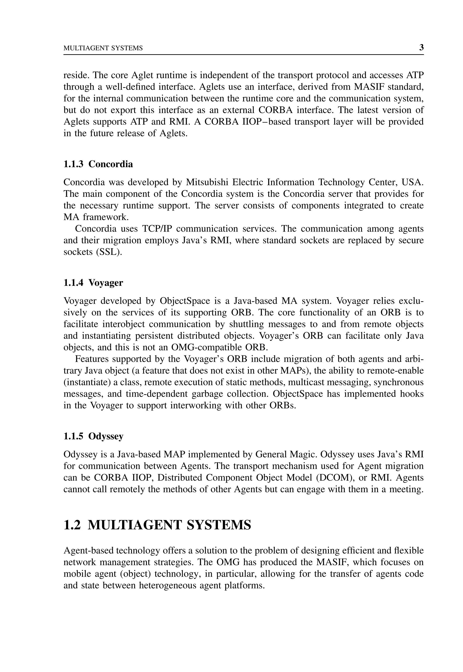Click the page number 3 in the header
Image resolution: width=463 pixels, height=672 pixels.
421,47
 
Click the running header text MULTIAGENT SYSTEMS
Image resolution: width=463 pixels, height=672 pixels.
103,48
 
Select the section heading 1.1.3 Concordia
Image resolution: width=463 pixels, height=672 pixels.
98,164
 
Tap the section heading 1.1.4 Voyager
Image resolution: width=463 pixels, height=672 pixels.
93,283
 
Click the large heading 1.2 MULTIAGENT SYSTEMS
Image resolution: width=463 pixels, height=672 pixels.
157,525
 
